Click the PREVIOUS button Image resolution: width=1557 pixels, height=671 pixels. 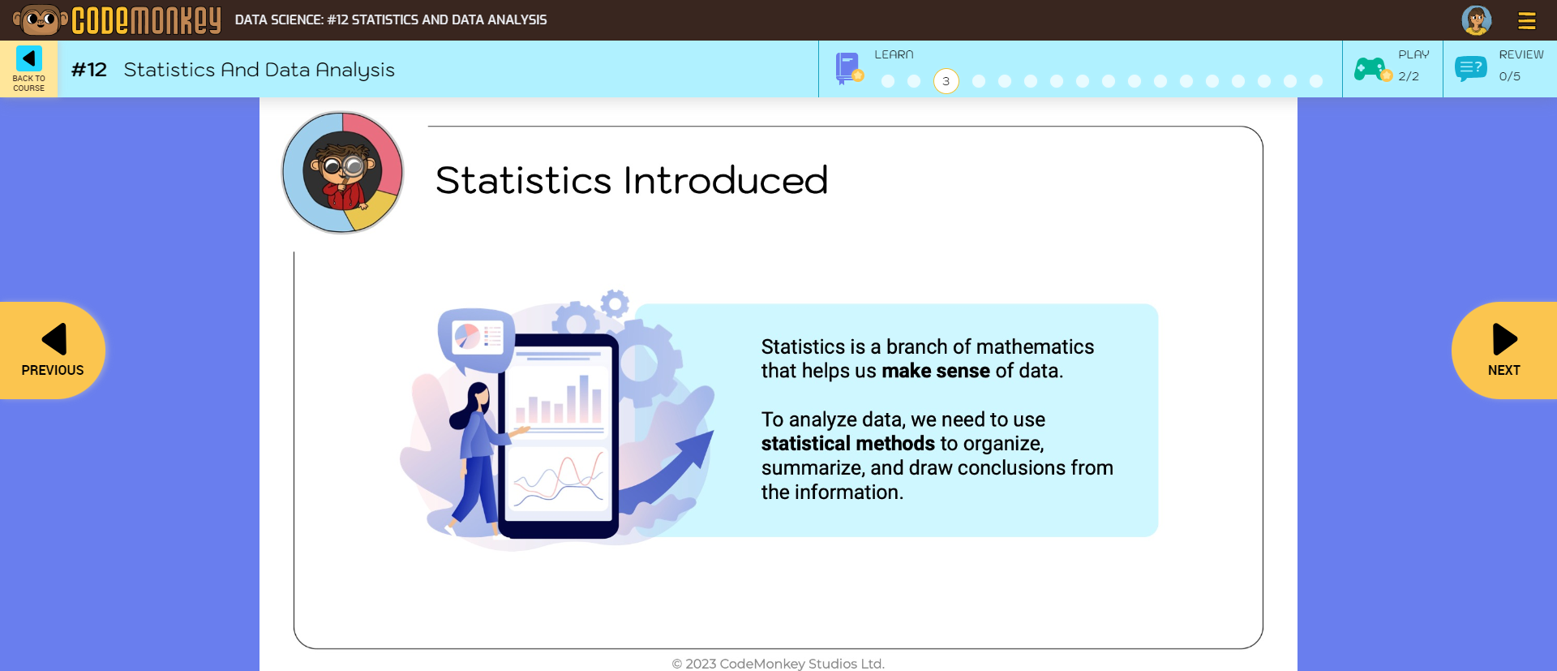(x=53, y=350)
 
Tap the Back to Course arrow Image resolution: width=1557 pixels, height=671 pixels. (x=29, y=59)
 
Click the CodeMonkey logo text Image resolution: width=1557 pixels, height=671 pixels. (x=146, y=20)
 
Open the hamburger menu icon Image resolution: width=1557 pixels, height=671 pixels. (x=1526, y=20)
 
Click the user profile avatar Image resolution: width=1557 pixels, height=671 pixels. (x=1476, y=20)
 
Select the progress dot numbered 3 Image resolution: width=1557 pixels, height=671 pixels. (x=946, y=81)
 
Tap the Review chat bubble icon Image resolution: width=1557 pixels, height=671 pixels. (x=1470, y=69)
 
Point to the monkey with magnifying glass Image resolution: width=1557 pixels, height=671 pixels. (x=342, y=172)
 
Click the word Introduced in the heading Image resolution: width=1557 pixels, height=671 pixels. (x=725, y=180)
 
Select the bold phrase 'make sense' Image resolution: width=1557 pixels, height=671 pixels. (x=935, y=371)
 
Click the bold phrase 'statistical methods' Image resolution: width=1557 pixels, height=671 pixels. (x=847, y=444)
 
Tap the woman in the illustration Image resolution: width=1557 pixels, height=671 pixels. (x=477, y=454)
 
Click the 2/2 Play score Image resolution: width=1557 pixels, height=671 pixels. (x=1409, y=76)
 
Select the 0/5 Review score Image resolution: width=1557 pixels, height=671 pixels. (x=1509, y=76)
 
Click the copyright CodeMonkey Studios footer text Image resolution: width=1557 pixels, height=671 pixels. (x=778, y=663)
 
